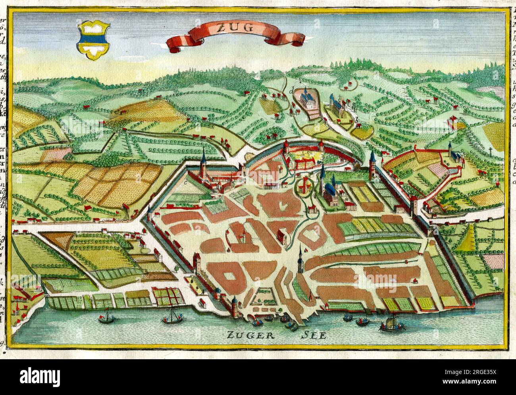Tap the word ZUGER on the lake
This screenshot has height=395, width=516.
tap(245, 335)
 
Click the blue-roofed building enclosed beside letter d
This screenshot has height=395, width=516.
tap(308, 98)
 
